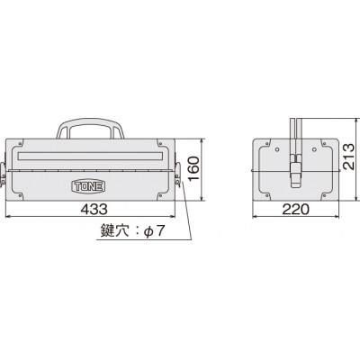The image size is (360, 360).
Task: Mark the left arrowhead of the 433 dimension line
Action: (8, 217)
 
